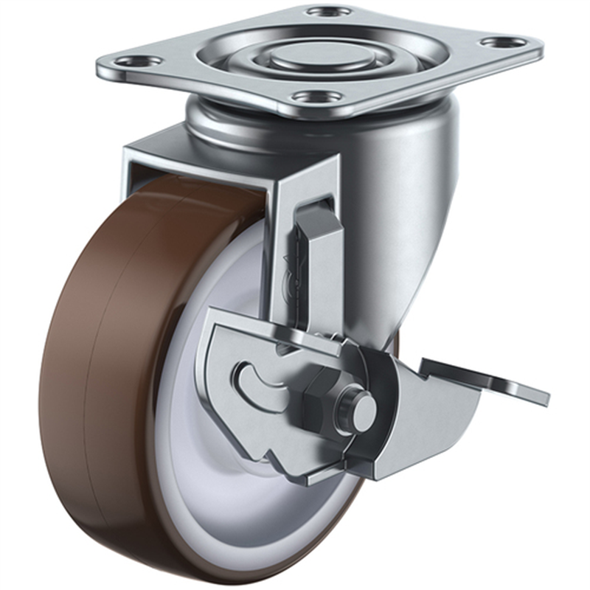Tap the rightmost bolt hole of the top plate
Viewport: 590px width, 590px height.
click(504, 42)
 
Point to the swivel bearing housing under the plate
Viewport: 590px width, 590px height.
click(243, 125)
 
